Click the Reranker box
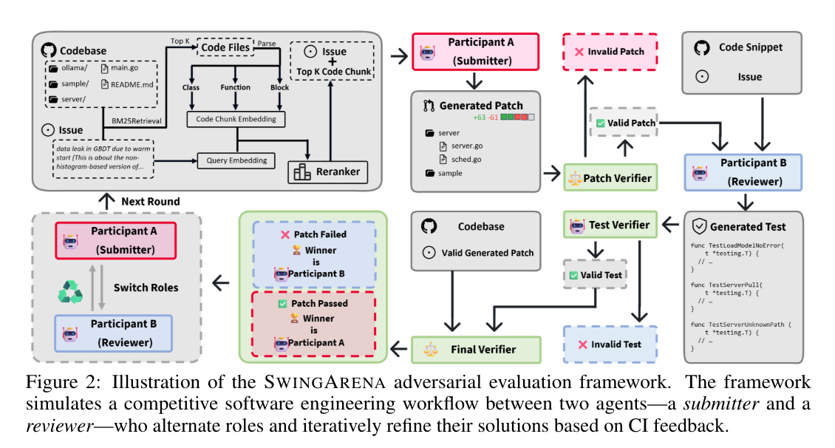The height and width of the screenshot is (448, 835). click(330, 171)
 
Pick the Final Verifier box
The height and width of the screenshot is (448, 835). click(476, 348)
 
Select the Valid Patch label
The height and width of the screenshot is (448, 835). click(624, 122)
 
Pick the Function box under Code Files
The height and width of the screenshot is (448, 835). click(235, 87)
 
